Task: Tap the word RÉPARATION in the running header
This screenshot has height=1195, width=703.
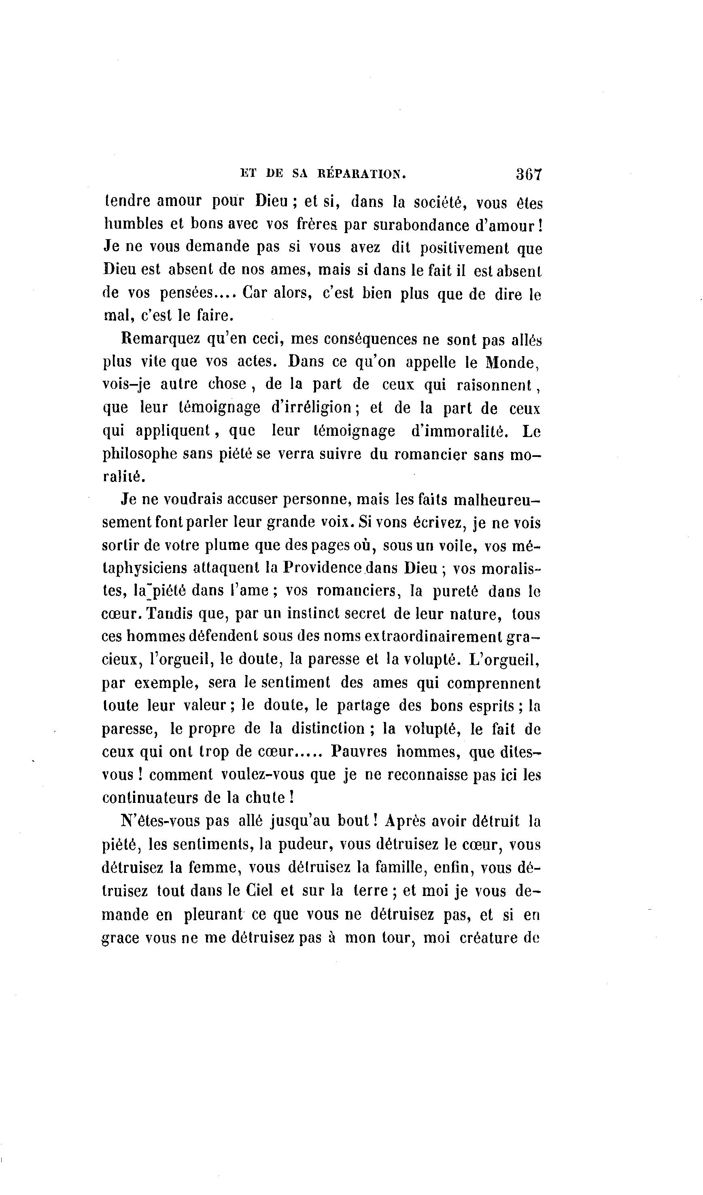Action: tap(361, 174)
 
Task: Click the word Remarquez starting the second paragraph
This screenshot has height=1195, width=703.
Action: tap(159, 339)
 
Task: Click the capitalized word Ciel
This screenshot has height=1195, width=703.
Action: tap(259, 891)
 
